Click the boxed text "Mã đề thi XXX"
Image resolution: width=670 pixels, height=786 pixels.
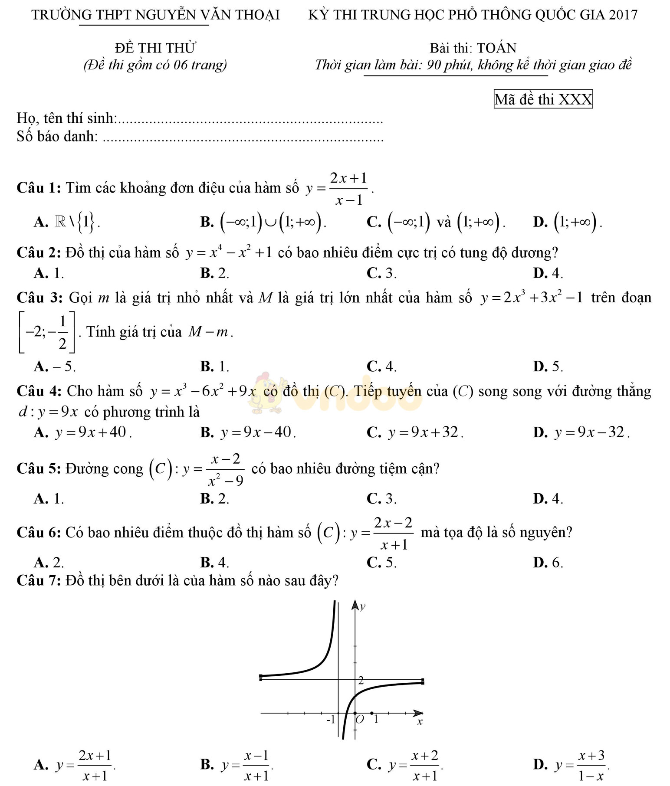click(543, 99)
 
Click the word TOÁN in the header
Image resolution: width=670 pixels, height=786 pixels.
click(497, 48)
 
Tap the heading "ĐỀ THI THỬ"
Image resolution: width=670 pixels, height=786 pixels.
click(155, 48)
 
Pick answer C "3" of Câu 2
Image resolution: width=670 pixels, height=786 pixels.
click(381, 273)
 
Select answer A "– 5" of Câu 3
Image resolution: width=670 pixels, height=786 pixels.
click(55, 367)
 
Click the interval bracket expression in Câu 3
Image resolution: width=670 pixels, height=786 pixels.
click(46, 332)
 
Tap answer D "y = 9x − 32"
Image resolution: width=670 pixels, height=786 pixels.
click(581, 432)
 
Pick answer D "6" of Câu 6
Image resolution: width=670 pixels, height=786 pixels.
click(548, 563)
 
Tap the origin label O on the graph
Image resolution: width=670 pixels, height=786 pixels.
click(360, 720)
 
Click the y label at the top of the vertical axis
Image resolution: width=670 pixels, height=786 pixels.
click(363, 607)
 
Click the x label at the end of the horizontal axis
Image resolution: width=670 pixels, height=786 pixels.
click(420, 722)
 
